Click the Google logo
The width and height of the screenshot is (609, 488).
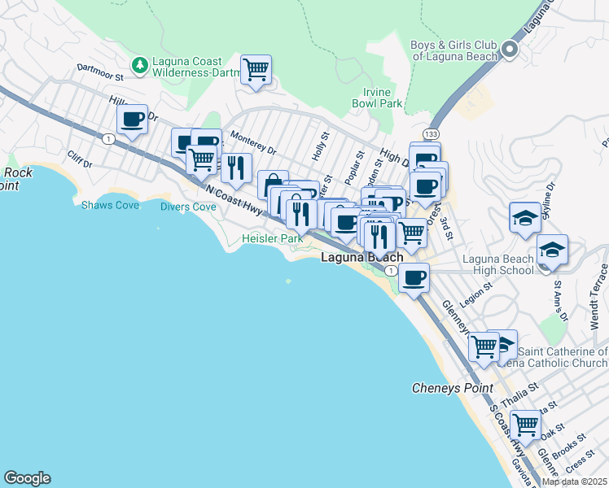pos(27,478)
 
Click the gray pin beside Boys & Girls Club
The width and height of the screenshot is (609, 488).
pos(510,50)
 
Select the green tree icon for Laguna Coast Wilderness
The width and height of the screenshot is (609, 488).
pos(140,63)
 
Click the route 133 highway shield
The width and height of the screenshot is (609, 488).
pos(431,133)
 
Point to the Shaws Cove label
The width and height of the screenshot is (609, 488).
pos(110,205)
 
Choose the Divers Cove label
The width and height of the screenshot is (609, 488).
pos(187,207)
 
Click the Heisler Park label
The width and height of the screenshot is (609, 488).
pos(272,239)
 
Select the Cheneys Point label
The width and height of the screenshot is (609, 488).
pos(453,388)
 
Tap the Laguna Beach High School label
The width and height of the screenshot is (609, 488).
pos(498,264)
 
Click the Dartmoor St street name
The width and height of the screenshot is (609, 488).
pos(99,72)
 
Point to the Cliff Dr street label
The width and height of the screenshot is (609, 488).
pos(81,159)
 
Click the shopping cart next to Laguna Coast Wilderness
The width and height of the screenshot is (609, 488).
pos(256,70)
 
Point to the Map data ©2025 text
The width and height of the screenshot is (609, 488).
pos(574,481)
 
